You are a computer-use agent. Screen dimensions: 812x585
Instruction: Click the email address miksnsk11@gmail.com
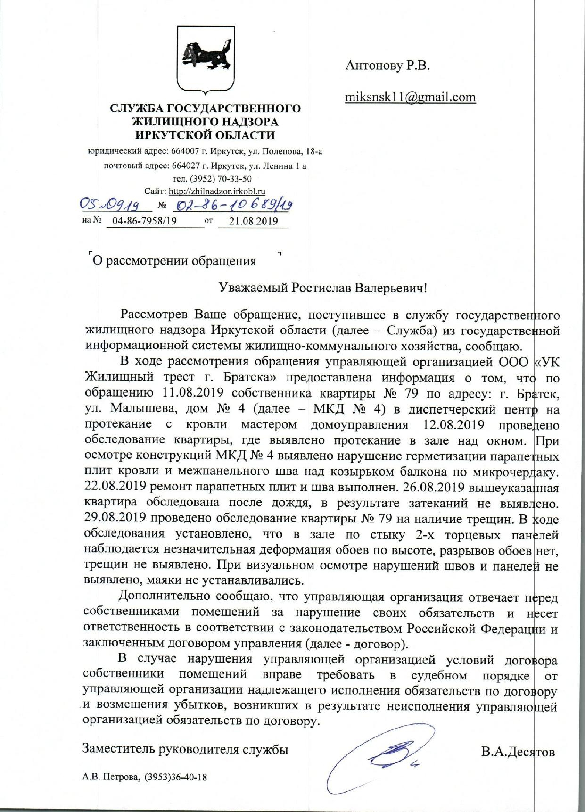click(x=410, y=97)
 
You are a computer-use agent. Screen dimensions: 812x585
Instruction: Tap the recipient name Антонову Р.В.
click(x=387, y=66)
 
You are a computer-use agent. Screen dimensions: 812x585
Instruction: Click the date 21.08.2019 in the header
click(x=253, y=221)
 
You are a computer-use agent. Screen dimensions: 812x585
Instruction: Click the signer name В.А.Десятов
click(x=518, y=751)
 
